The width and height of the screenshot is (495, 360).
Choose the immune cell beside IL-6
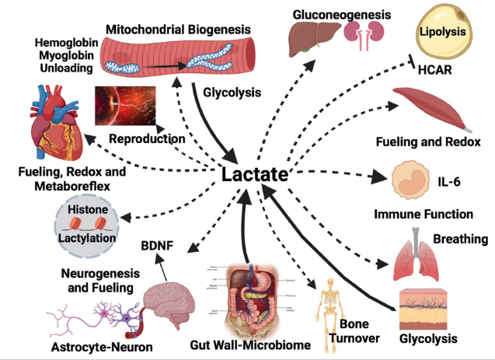(410, 179)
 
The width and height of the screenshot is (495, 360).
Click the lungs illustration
(417, 255)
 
